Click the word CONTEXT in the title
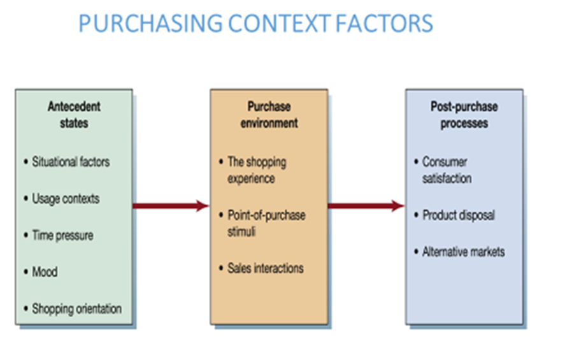pos(279,24)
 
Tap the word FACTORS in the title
pos(384,24)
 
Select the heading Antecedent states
pos(74,115)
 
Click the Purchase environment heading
pos(269,115)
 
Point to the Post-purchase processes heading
pos(464,115)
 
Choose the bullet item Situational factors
pos(71,162)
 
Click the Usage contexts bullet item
pos(66,199)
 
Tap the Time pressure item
pos(62,235)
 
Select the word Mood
pos(45,271)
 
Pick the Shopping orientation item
pos(76,309)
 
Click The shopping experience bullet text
pos(257,170)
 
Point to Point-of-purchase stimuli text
pos(267,223)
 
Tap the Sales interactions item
pos(266,268)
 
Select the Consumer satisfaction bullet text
pos(447,169)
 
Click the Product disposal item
pos(459,215)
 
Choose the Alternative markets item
pos(463,252)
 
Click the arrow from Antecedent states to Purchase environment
pos(171,206)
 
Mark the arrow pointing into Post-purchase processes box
pos(366,206)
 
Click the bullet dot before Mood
pos(25,271)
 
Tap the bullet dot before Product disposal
pos(416,215)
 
